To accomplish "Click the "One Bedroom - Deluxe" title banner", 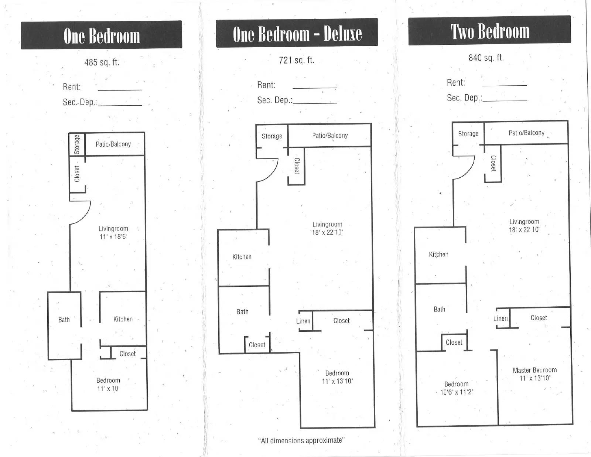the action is tap(297, 33).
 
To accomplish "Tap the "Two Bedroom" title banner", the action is tap(489, 30).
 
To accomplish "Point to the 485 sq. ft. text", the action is tap(102, 62).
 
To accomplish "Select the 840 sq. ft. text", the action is tap(486, 58).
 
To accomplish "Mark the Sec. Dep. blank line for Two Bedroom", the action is tap(505, 100).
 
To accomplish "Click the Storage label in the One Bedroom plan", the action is tap(77, 144).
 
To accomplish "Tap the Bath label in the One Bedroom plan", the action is tap(64, 320).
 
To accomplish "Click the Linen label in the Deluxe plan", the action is tap(303, 321).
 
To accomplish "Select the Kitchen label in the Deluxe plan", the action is tap(242, 257).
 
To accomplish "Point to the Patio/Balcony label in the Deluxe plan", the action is tap(330, 136).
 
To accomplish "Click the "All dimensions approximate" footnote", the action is tap(301, 440).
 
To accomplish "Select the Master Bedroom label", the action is tap(535, 370).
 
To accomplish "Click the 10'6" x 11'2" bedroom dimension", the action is tap(457, 392).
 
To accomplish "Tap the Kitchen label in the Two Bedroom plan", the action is tap(438, 254).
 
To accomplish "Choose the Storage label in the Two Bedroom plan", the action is tap(468, 134).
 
